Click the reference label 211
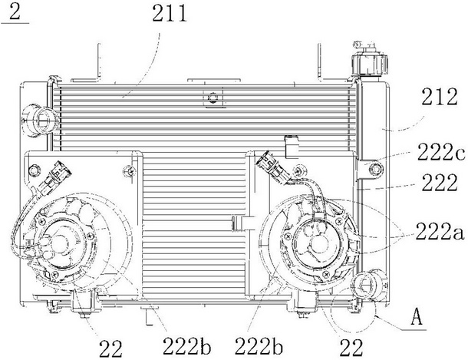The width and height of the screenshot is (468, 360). tap(170, 14)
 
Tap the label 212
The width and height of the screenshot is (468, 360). tap(440, 97)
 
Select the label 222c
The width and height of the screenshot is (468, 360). tap(441, 152)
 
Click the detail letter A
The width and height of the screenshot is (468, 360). tap(417, 317)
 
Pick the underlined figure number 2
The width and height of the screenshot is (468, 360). tap(15, 12)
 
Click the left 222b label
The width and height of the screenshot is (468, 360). tap(187, 347)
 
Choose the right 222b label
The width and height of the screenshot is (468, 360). tap(259, 347)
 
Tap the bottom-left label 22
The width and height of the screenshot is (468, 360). tap(110, 348)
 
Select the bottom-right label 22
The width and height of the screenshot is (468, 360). tap(351, 348)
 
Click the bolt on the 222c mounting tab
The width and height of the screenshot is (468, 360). tap(375, 169)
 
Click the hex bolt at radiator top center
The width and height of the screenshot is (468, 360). tap(213, 97)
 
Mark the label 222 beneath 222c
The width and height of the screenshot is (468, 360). tap(440, 183)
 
